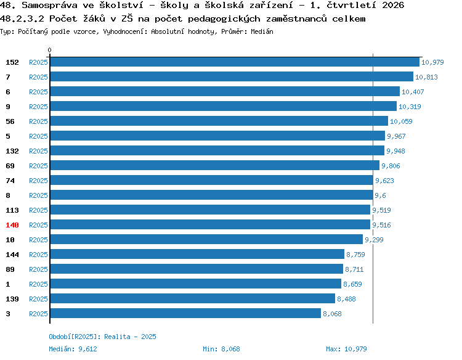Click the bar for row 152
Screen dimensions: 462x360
click(235, 62)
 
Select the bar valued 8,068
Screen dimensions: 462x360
click(185, 313)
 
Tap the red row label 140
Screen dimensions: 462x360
click(12, 225)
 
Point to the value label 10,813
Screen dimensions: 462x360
click(426, 77)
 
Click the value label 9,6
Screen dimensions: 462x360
click(380, 195)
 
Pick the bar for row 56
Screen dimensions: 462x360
click(219, 121)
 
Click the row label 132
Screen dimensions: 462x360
click(12, 151)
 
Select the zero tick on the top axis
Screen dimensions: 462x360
click(49, 50)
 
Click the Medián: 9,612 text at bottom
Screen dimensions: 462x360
click(73, 349)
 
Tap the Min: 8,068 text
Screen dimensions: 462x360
click(221, 349)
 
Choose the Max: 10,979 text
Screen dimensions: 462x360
click(346, 349)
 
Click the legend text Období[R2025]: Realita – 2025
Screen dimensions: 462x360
click(102, 337)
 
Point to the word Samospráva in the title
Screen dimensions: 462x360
click(49, 5)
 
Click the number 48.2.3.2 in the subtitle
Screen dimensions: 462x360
click(22, 18)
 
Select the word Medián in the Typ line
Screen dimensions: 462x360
click(262, 31)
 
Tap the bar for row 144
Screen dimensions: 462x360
click(197, 254)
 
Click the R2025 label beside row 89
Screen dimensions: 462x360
click(38, 269)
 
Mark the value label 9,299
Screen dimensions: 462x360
click(374, 240)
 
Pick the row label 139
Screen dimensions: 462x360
click(12, 299)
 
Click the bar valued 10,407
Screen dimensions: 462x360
click(225, 91)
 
